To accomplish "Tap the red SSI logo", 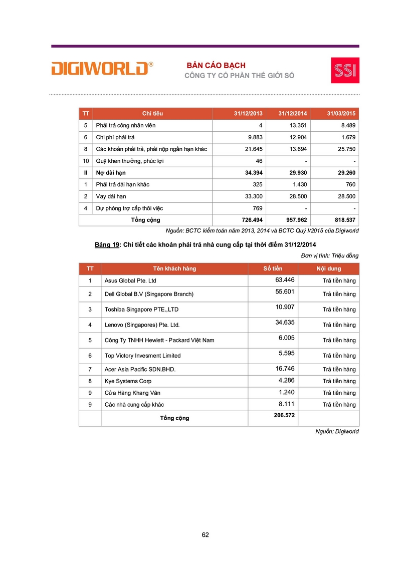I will tap(345, 70).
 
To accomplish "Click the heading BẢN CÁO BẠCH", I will tap(216, 66).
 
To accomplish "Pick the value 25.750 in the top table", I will tap(345, 149).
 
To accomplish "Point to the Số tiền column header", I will tap(273, 268).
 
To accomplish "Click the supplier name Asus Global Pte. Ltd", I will tap(130, 281).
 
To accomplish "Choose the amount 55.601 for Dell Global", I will tap(285, 291).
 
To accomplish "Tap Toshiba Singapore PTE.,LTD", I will tap(141, 310).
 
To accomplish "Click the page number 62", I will tap(205, 535).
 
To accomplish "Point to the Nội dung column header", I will tap(329, 268).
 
